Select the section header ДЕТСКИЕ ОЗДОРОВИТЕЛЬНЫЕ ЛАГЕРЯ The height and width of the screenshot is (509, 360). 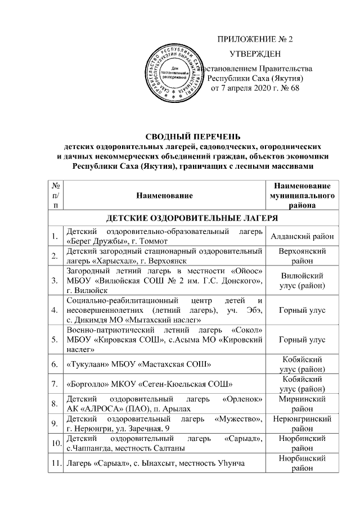point(192,218)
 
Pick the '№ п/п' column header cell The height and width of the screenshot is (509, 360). point(55,195)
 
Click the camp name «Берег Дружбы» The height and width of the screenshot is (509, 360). point(96,241)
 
